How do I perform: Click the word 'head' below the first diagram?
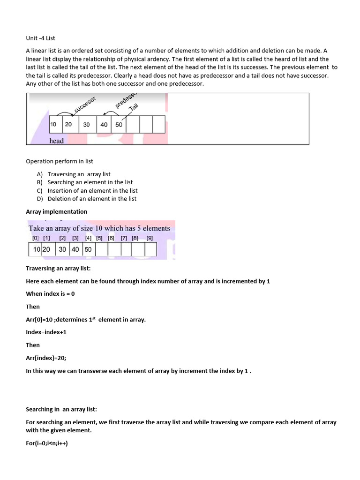56,141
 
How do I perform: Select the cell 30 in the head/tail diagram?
87,125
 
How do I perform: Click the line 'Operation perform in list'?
60,161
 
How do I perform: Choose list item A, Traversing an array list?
79,174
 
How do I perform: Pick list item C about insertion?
92,191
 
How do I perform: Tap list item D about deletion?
91,199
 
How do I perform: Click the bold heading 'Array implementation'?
56,212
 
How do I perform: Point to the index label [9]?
150,238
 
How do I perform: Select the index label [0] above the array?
35,238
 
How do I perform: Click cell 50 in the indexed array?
88,250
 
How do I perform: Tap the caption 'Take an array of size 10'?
99,228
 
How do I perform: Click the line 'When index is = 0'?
50,294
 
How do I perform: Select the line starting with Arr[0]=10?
86,320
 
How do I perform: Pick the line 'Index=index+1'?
46,332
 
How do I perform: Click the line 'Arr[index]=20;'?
46,358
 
